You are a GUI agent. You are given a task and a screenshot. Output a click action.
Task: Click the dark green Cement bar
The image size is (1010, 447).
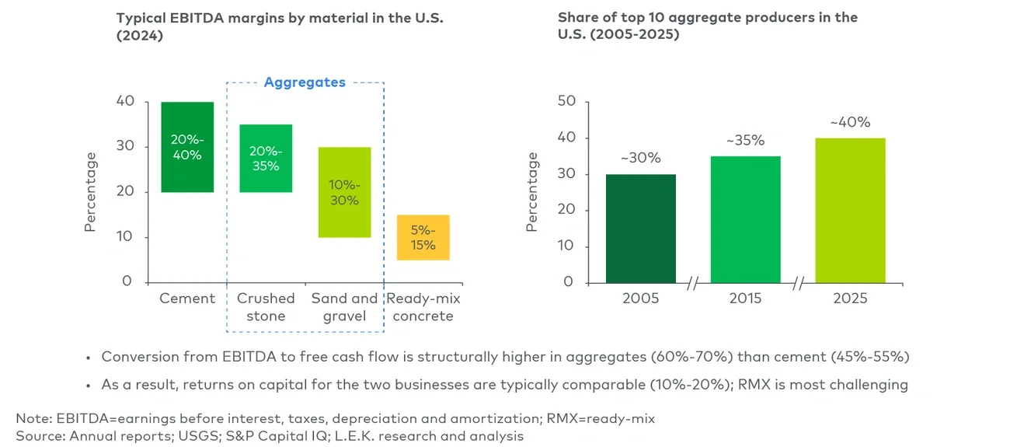187,147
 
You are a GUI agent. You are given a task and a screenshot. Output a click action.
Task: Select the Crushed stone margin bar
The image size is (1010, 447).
266,158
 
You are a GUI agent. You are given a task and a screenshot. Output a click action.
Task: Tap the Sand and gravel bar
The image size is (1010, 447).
344,192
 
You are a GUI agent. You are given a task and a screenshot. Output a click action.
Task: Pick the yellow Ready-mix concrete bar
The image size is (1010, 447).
423,237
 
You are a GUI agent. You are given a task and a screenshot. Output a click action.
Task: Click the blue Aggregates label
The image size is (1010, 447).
305,82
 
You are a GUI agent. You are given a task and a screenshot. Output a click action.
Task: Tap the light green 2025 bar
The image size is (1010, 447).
851,210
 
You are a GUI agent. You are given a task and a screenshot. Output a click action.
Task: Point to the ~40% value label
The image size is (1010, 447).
850,122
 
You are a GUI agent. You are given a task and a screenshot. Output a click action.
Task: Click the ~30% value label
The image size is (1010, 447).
641,159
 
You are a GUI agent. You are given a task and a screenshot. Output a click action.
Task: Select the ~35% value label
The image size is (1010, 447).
745,141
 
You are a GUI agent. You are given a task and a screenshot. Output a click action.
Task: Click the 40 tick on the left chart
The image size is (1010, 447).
125,102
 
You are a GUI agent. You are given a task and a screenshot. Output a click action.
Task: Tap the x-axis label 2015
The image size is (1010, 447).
746,299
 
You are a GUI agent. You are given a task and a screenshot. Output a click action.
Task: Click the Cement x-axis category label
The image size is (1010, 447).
187,299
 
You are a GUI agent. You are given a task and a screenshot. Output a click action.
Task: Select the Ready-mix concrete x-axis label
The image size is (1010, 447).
423,307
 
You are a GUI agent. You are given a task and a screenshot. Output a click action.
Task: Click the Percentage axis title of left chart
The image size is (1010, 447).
91,191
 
